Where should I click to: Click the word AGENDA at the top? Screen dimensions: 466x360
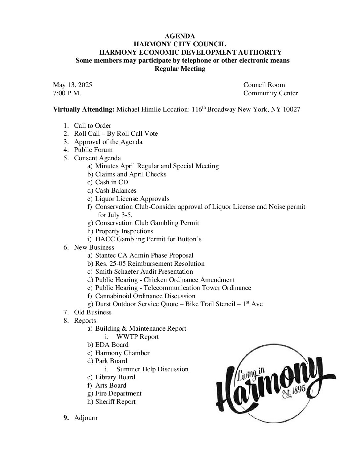[x=180, y=36]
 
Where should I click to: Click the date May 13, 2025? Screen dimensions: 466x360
[x=72, y=85]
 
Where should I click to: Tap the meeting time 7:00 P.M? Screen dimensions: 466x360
[x=67, y=93]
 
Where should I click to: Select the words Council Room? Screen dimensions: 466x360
[x=264, y=85]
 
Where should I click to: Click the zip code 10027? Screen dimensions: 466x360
[x=291, y=110]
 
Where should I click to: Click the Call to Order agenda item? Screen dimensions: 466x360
[x=92, y=126]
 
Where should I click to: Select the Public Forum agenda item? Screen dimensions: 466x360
[x=93, y=150]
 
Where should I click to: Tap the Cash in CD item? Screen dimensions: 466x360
[x=112, y=182]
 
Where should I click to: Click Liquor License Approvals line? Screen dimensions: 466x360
[x=132, y=199]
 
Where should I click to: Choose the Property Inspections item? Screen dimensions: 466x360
[x=124, y=231]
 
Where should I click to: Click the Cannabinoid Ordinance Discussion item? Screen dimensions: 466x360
[x=145, y=296]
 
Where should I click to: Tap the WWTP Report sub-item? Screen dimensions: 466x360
[x=137, y=337]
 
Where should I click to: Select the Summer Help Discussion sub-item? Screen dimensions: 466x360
[x=152, y=369]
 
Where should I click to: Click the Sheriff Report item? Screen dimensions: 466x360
[x=115, y=402]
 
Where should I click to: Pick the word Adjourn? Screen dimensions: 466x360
[x=86, y=418]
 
